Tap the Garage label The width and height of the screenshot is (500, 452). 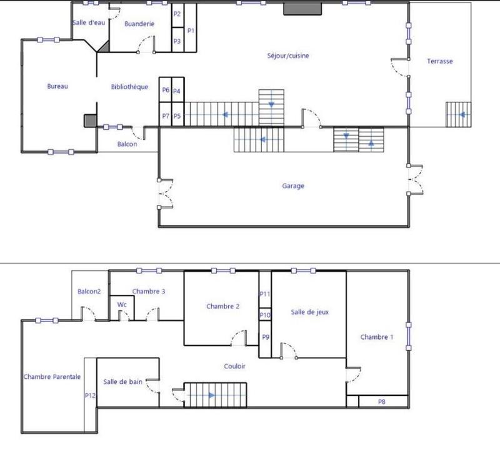pyautogui.click(x=292, y=185)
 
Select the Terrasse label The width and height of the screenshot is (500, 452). pyautogui.click(x=439, y=61)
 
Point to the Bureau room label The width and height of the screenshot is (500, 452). pyautogui.click(x=57, y=86)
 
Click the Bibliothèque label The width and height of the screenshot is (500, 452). pyautogui.click(x=129, y=87)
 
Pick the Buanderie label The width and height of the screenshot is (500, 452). pyautogui.click(x=139, y=24)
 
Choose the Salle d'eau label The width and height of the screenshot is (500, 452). pyautogui.click(x=88, y=23)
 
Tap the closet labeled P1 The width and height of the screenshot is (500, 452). pyautogui.click(x=191, y=30)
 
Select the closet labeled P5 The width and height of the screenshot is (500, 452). pyautogui.click(x=177, y=116)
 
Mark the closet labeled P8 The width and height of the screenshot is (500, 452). pyautogui.click(x=381, y=401)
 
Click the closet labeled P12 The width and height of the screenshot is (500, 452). pyautogui.click(x=89, y=395)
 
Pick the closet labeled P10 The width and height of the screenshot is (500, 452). pyautogui.click(x=265, y=315)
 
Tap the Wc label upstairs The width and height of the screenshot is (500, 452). pyautogui.click(x=122, y=305)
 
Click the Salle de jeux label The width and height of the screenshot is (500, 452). pyautogui.click(x=309, y=312)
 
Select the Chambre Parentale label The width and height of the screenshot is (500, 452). pyautogui.click(x=52, y=376)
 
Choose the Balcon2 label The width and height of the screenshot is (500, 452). pyautogui.click(x=89, y=292)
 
